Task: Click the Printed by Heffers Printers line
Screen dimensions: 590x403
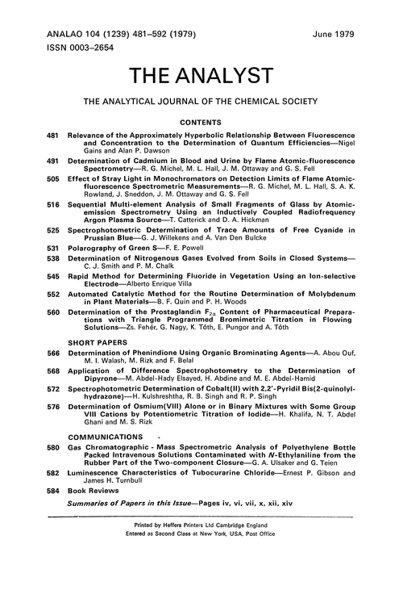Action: click(201, 524)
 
